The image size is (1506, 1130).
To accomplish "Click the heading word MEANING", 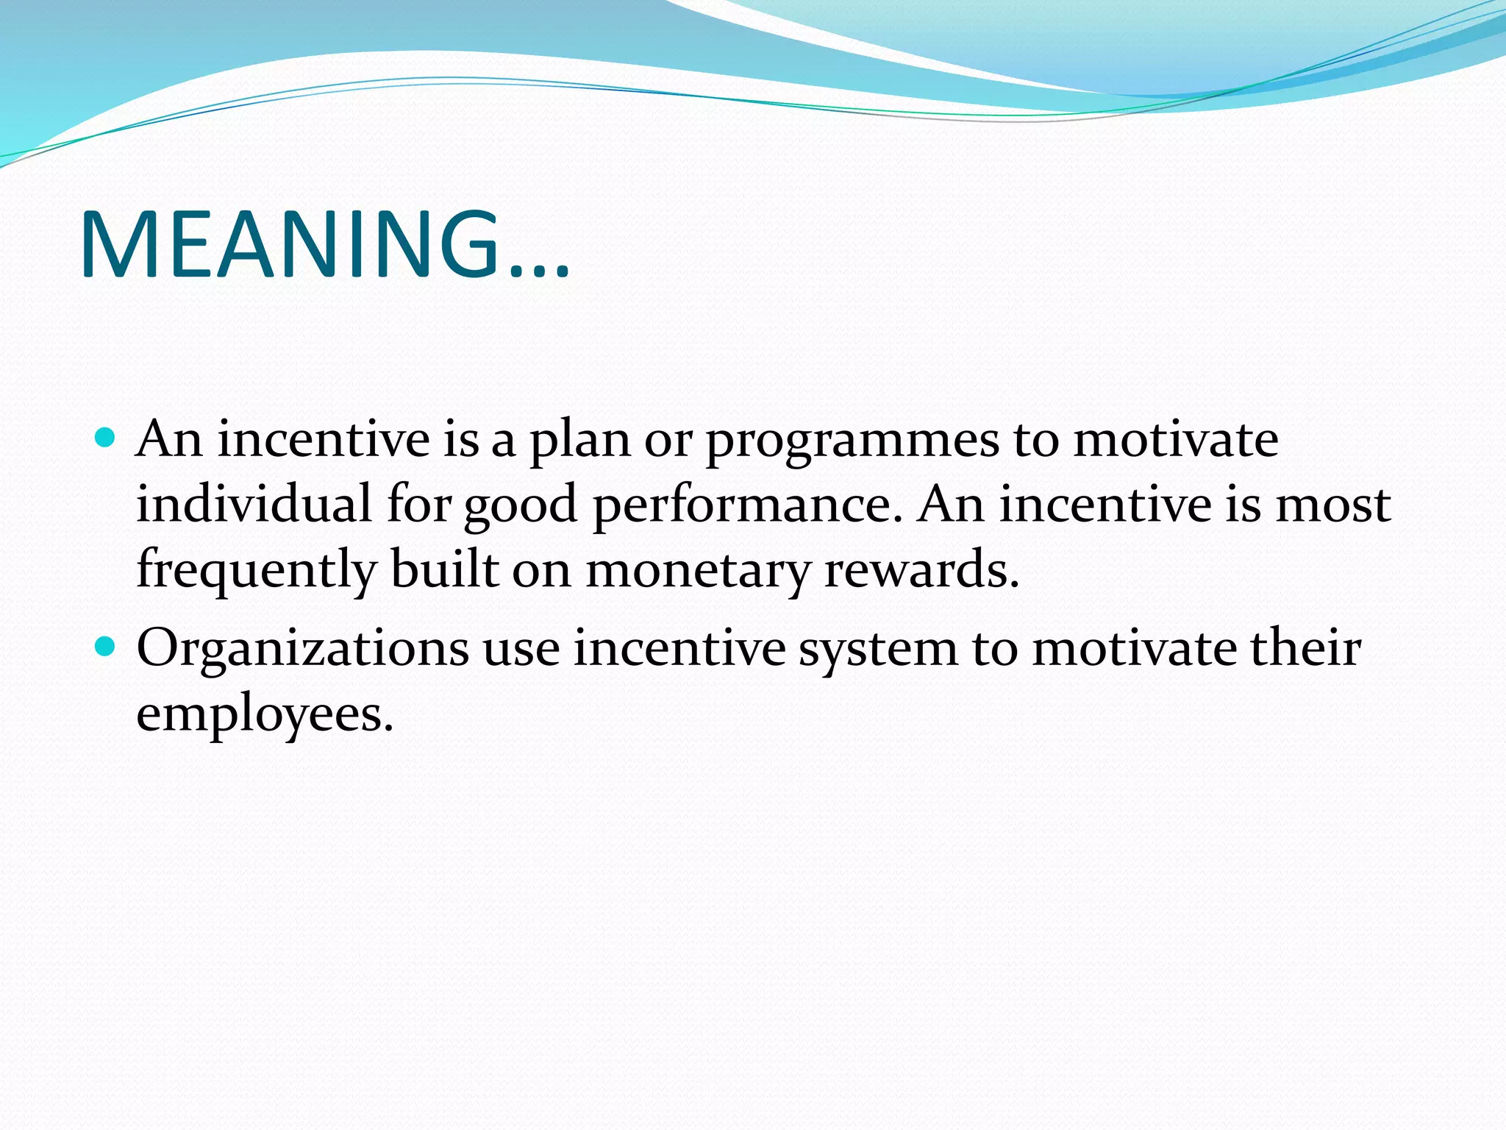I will click(x=290, y=245).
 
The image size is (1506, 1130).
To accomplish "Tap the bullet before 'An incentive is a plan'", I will click(x=106, y=438).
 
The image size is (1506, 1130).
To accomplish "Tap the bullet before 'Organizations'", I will click(x=106, y=647).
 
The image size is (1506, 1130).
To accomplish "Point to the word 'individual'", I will click(x=254, y=505).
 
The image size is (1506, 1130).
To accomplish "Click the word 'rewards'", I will click(x=921, y=569).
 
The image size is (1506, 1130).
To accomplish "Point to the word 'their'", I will click(x=1306, y=649).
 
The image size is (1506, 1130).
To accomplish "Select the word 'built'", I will click(x=444, y=568).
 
